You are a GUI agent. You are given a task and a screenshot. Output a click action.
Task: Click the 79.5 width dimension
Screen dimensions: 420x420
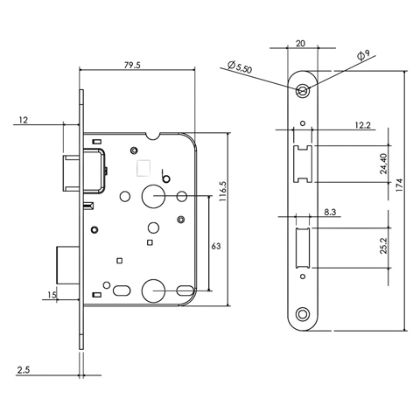(132, 65)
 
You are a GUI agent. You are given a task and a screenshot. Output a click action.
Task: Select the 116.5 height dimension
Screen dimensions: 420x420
(222, 192)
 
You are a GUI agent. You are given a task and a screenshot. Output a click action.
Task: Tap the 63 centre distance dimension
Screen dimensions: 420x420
(216, 246)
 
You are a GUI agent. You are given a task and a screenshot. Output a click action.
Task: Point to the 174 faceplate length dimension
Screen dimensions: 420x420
(399, 185)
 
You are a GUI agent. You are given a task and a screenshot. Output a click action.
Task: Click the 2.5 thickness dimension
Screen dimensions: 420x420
(24, 370)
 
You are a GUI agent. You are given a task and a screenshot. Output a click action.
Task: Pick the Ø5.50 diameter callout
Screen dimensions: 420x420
(239, 66)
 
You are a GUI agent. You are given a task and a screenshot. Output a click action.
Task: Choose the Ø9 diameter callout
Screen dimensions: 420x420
(363, 54)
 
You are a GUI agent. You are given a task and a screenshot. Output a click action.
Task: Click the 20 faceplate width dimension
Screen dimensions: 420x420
(300, 44)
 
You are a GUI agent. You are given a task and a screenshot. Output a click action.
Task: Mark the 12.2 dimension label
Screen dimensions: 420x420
(363, 125)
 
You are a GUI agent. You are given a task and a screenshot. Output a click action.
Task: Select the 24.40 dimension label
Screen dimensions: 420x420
(383, 164)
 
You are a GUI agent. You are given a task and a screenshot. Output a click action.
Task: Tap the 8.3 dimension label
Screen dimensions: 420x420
(330, 212)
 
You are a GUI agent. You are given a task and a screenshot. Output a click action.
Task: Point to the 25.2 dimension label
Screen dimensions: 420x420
(383, 246)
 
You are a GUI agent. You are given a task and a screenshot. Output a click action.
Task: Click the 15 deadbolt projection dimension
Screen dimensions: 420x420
(52, 295)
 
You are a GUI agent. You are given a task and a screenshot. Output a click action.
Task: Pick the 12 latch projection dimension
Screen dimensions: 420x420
(24, 120)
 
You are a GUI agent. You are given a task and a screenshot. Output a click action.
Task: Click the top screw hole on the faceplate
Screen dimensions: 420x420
(303, 91)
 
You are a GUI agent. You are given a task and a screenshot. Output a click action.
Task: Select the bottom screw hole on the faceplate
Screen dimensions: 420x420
(303, 314)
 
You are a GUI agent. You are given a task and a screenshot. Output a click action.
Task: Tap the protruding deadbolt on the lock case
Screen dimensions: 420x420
(67, 265)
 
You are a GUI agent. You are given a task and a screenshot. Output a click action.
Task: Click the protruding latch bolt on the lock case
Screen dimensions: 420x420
(71, 173)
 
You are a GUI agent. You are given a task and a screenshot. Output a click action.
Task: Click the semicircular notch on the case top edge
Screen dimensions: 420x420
(153, 136)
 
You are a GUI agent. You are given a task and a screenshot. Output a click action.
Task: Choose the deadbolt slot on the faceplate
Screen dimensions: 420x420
(303, 248)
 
